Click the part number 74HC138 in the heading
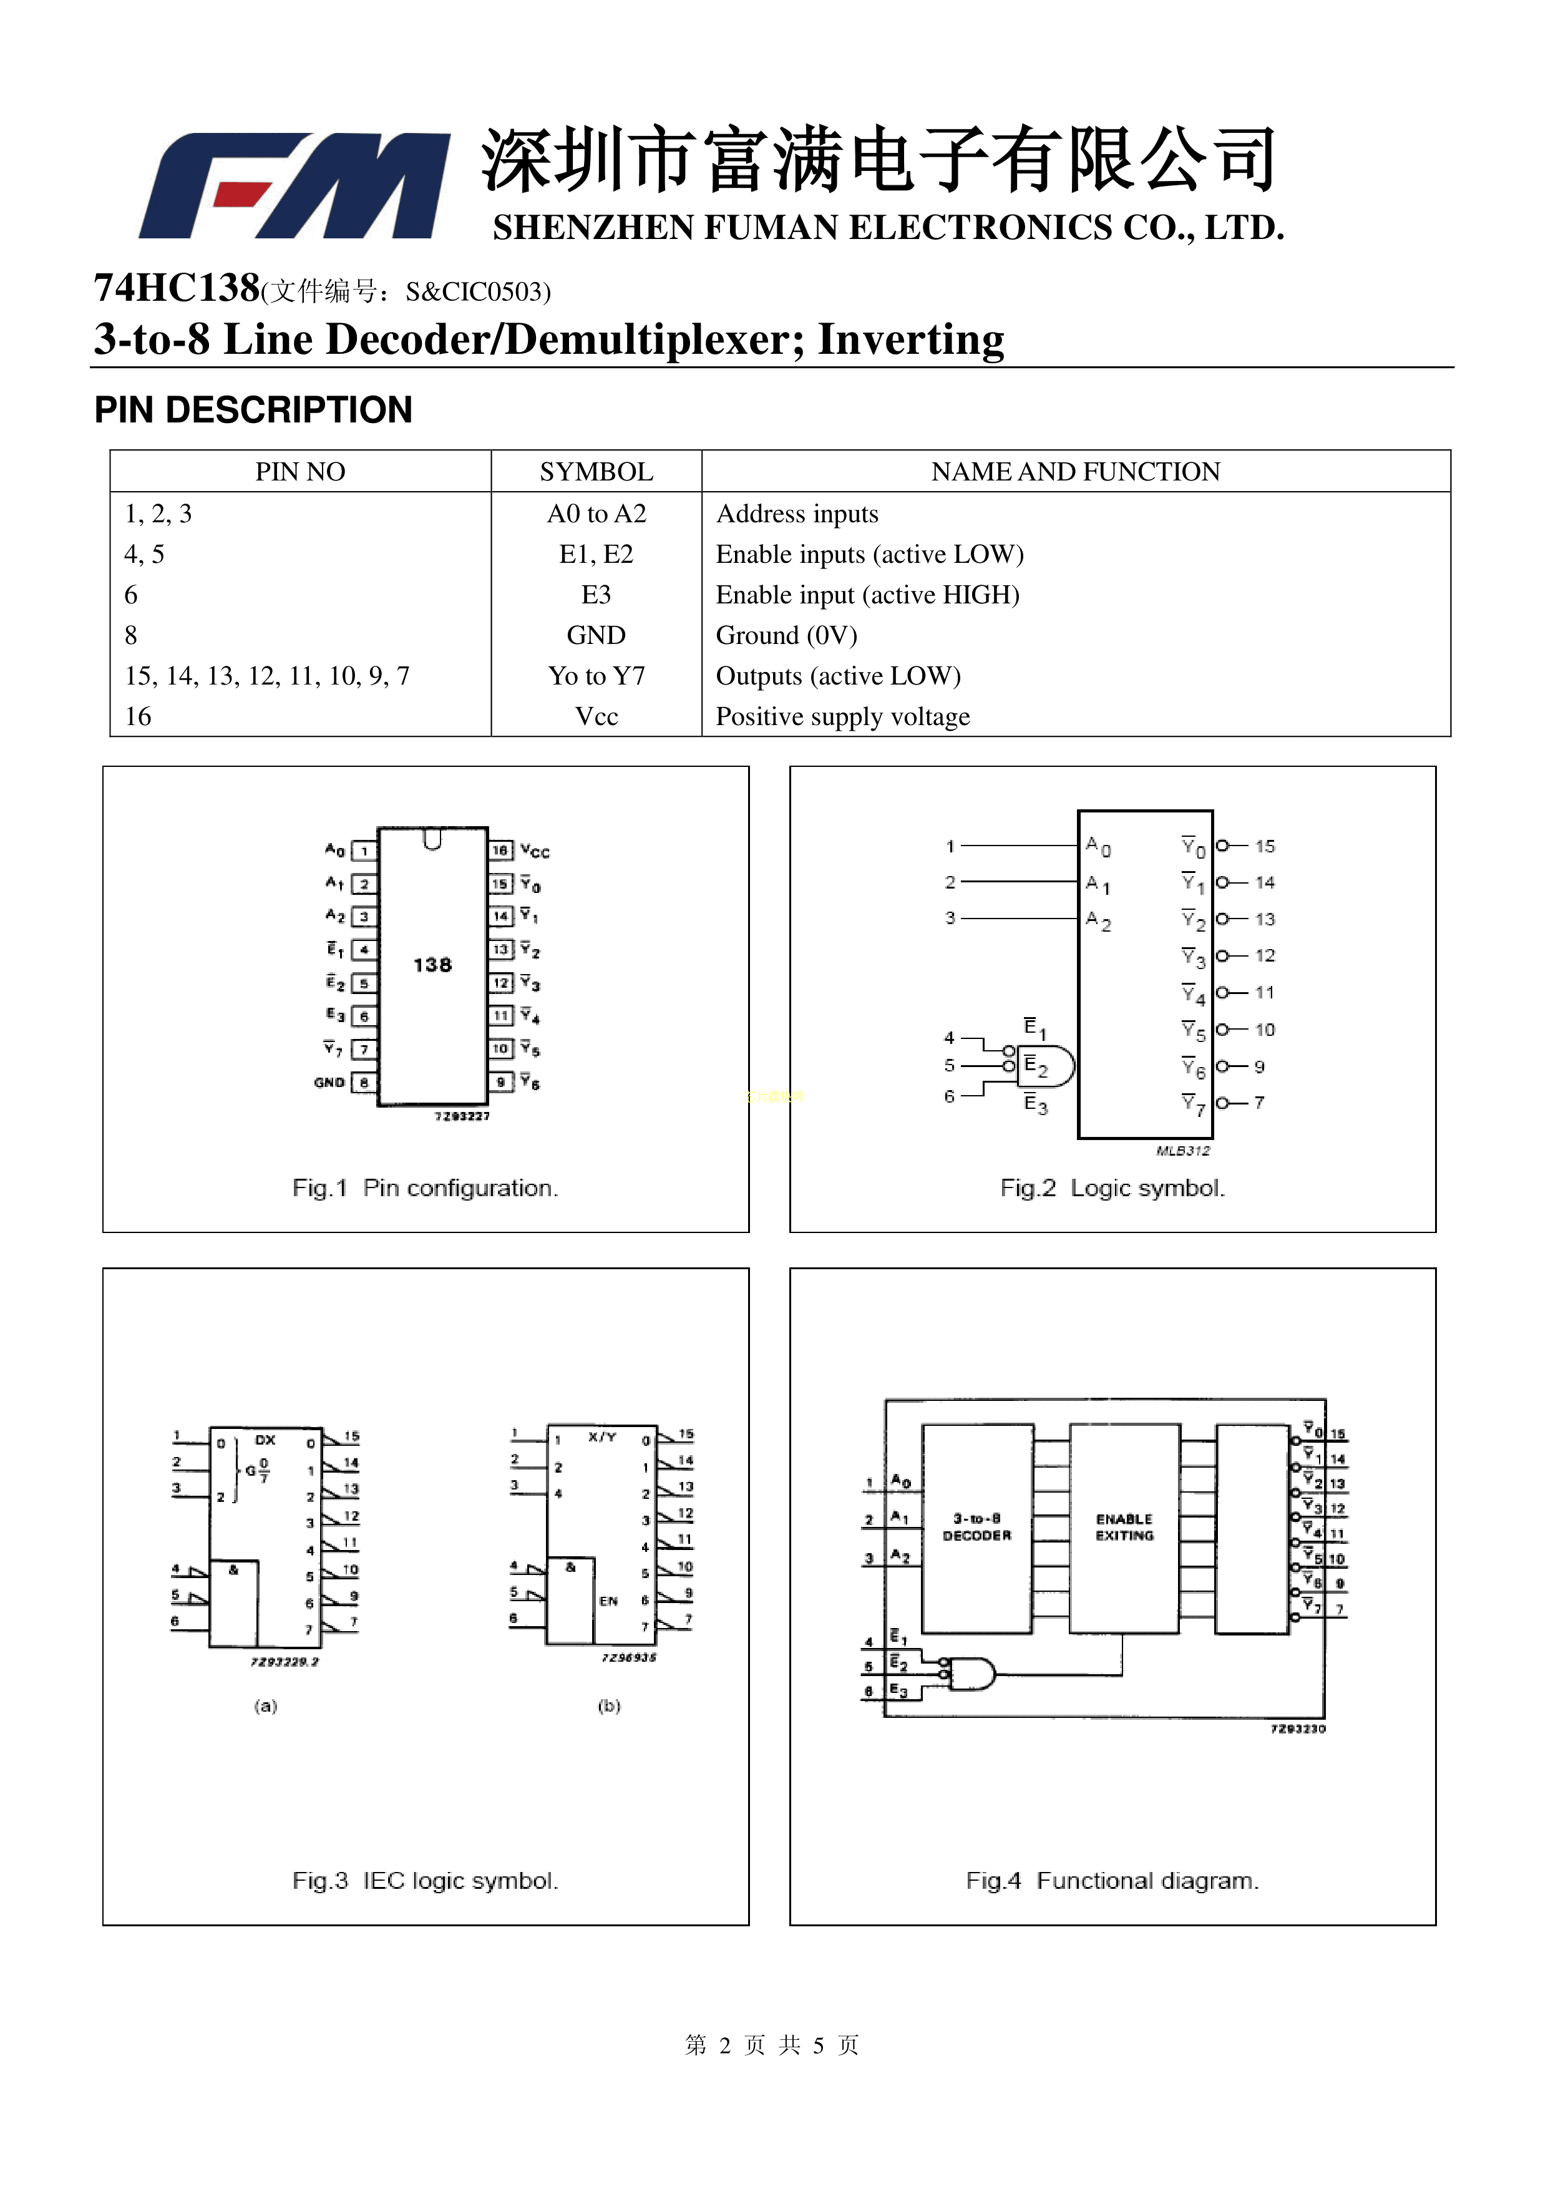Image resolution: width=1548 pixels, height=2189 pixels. [x=177, y=287]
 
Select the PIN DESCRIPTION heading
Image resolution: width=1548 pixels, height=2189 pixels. [x=253, y=410]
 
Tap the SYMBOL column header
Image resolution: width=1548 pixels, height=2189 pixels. [x=596, y=472]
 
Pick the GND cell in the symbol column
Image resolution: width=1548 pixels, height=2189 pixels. [x=596, y=635]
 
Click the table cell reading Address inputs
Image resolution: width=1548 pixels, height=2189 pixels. [x=797, y=514]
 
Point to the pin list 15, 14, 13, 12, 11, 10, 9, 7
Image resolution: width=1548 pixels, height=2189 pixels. [x=267, y=676]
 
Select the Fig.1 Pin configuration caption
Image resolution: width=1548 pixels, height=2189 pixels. [x=425, y=1188]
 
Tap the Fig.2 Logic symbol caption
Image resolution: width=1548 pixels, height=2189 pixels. [x=1111, y=1188]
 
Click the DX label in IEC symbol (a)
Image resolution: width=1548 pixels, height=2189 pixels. [x=265, y=1440]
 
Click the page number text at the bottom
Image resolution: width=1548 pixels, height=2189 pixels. [x=772, y=2044]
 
